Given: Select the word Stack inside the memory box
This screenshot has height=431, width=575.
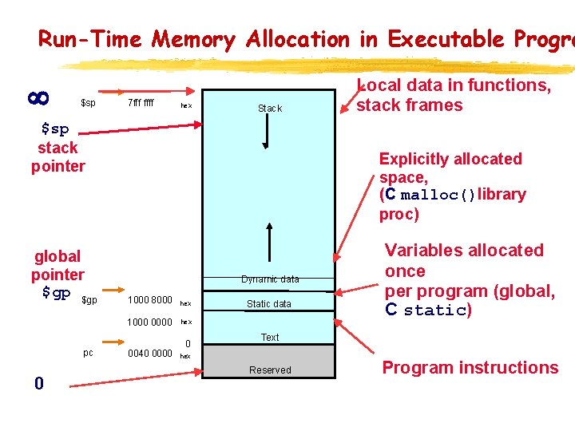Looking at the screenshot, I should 270,109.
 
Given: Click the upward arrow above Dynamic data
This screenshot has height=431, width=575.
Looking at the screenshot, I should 271,247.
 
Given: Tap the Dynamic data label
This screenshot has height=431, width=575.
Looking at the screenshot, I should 270,279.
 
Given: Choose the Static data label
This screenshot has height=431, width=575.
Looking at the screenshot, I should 269,304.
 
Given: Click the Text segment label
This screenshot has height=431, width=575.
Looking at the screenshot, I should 270,338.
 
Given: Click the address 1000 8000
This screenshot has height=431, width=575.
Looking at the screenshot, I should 149,301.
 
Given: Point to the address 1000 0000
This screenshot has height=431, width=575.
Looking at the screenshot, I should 149,322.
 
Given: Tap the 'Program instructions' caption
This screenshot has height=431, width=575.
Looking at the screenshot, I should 470,368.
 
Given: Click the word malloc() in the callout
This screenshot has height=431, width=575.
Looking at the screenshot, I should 438,196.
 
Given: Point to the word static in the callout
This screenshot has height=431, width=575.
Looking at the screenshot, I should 434,311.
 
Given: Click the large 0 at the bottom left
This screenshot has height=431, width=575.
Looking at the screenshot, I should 38,384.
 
